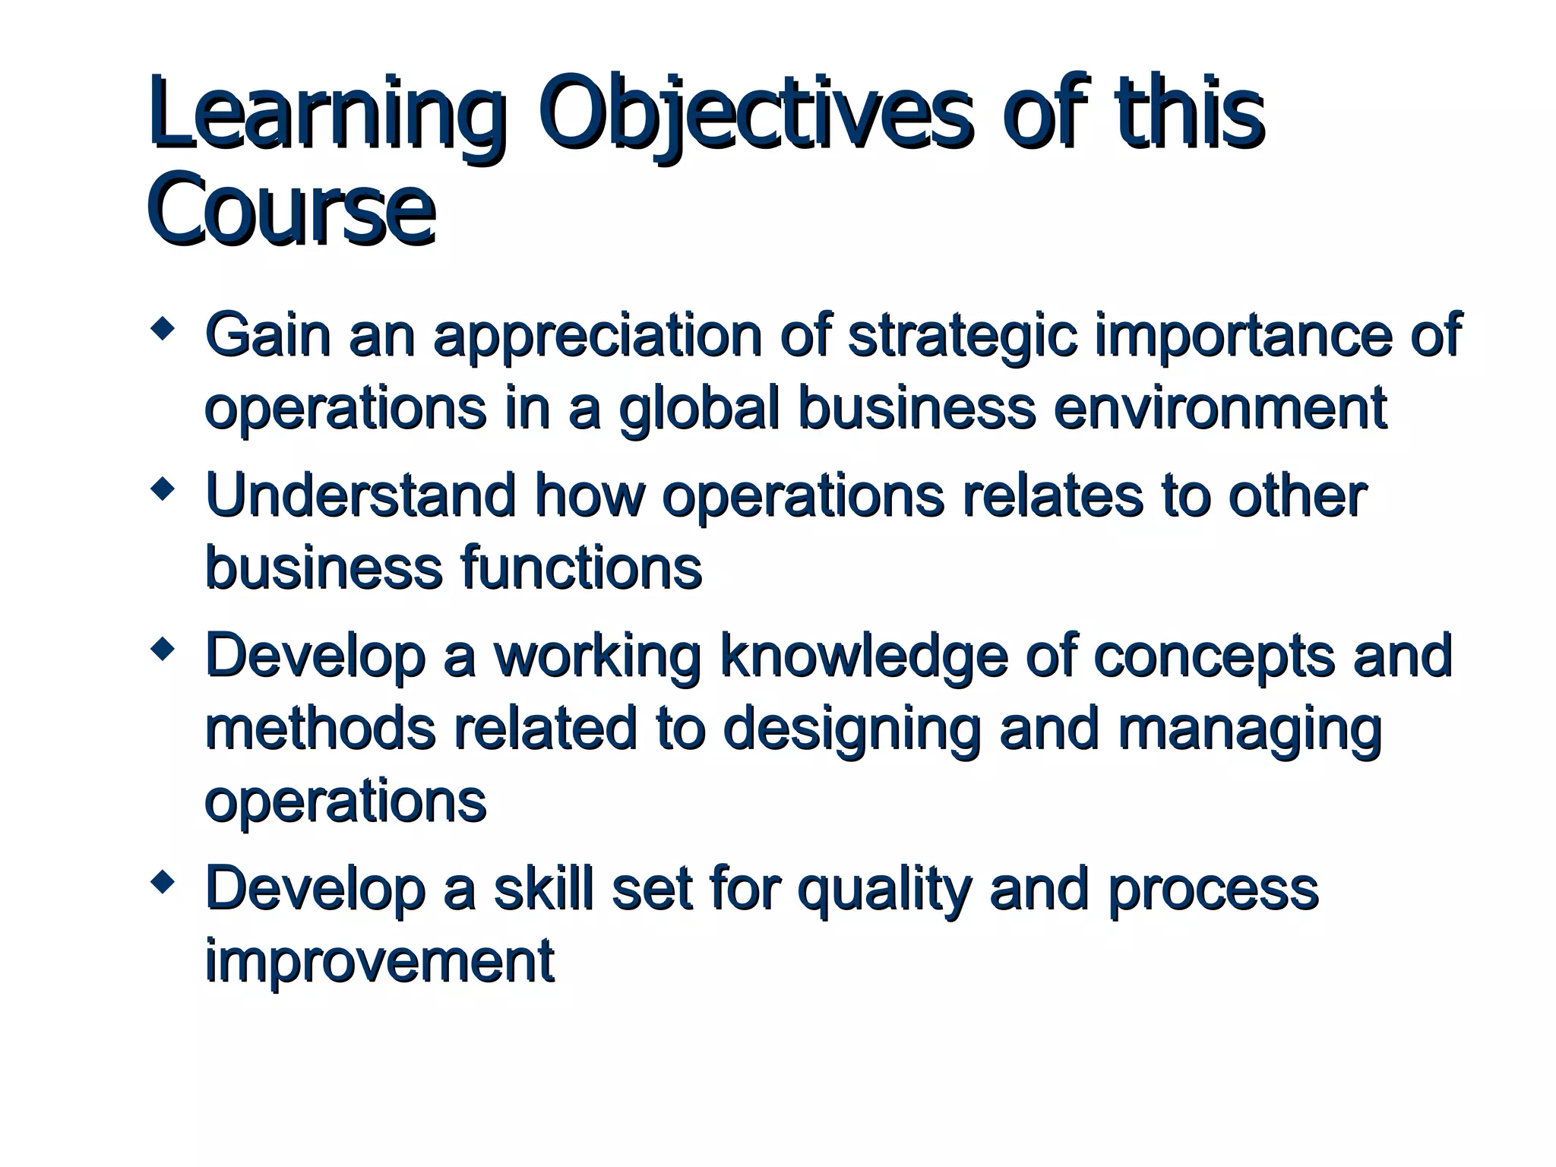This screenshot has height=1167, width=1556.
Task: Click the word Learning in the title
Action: point(327,114)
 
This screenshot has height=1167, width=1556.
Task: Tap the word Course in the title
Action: point(292,209)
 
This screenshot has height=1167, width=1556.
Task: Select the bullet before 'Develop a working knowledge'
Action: point(163,649)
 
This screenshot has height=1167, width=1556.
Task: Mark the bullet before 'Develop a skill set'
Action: point(163,882)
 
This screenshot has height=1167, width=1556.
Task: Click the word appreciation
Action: point(597,336)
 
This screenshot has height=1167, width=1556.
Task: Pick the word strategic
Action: point(962,336)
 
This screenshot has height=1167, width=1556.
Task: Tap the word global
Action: point(699,409)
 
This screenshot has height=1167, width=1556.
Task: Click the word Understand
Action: point(361,495)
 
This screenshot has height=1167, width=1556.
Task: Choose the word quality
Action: point(884,889)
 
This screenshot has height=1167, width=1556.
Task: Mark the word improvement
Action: point(380,962)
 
